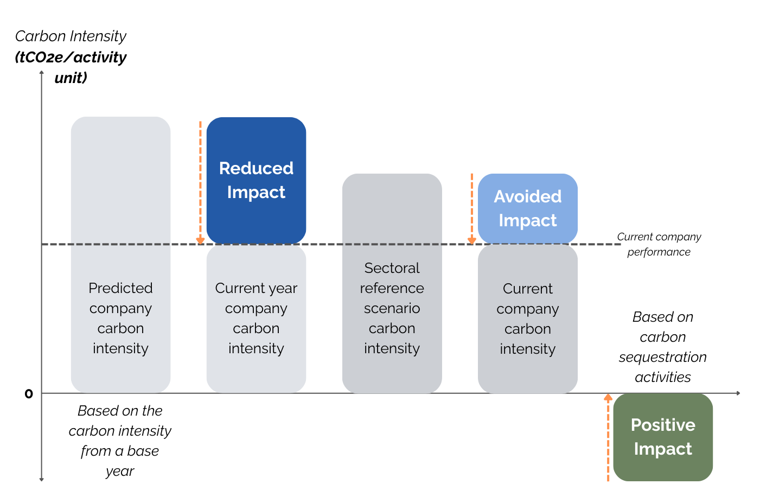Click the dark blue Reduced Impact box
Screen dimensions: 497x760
[256, 180]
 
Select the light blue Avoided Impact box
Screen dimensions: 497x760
[527, 208]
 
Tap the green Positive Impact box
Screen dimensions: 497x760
[663, 437]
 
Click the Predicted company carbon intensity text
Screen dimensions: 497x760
[120, 318]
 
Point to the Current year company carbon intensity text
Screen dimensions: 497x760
[256, 318]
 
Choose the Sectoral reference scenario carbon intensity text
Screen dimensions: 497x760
[392, 308]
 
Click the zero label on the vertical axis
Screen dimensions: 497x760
[29, 394]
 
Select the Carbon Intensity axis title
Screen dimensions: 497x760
[71, 36]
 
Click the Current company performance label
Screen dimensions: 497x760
[659, 244]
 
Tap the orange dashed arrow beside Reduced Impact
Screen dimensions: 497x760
[200, 182]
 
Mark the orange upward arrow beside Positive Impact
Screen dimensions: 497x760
[608, 437]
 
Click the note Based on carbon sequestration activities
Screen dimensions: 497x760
[663, 347]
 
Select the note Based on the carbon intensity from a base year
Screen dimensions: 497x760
[120, 441]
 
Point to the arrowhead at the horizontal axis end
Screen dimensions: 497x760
[738, 393]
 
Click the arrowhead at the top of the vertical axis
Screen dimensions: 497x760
[42, 73]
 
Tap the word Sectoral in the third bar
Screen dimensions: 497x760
[392, 268]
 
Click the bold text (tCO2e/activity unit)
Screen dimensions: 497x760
[71, 67]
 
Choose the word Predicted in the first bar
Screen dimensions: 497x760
[120, 288]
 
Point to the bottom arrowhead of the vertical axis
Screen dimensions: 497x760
[42, 479]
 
